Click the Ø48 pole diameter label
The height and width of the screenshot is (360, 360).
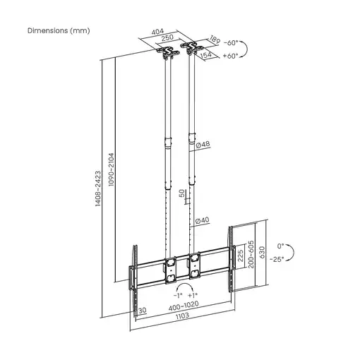(203, 145)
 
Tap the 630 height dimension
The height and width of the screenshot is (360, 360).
(262, 253)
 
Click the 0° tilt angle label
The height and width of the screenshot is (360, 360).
(280, 246)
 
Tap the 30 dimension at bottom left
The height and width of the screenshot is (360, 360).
(142, 309)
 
